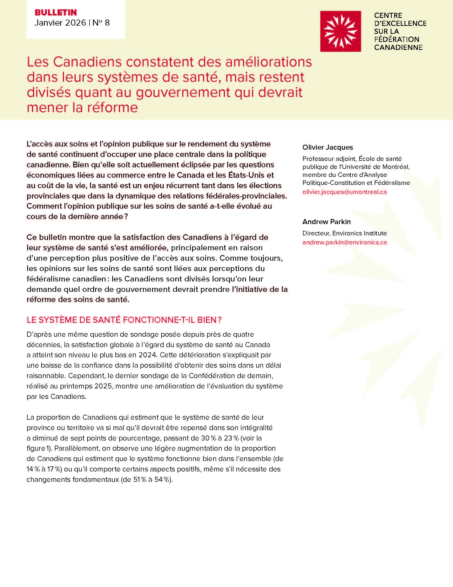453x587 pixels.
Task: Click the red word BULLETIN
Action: pyautogui.click(x=56, y=12)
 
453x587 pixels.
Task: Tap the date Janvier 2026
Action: pyautogui.click(x=60, y=23)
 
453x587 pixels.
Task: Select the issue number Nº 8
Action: pyautogui.click(x=101, y=23)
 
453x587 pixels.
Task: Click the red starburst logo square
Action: pyautogui.click(x=340, y=31)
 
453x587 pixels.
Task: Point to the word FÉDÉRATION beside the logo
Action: pyautogui.click(x=397, y=39)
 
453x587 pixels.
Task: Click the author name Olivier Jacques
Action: pyautogui.click(x=327, y=147)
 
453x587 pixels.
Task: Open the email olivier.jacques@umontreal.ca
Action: pyautogui.click(x=344, y=192)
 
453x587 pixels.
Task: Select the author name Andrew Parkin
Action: pyautogui.click(x=326, y=222)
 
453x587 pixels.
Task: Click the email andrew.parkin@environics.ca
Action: pyautogui.click(x=344, y=243)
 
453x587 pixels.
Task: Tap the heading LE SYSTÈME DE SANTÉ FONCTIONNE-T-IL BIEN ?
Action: pyautogui.click(x=124, y=320)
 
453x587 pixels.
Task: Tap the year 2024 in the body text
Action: pyautogui.click(x=147, y=355)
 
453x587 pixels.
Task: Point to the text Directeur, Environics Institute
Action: pyautogui.click(x=344, y=233)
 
